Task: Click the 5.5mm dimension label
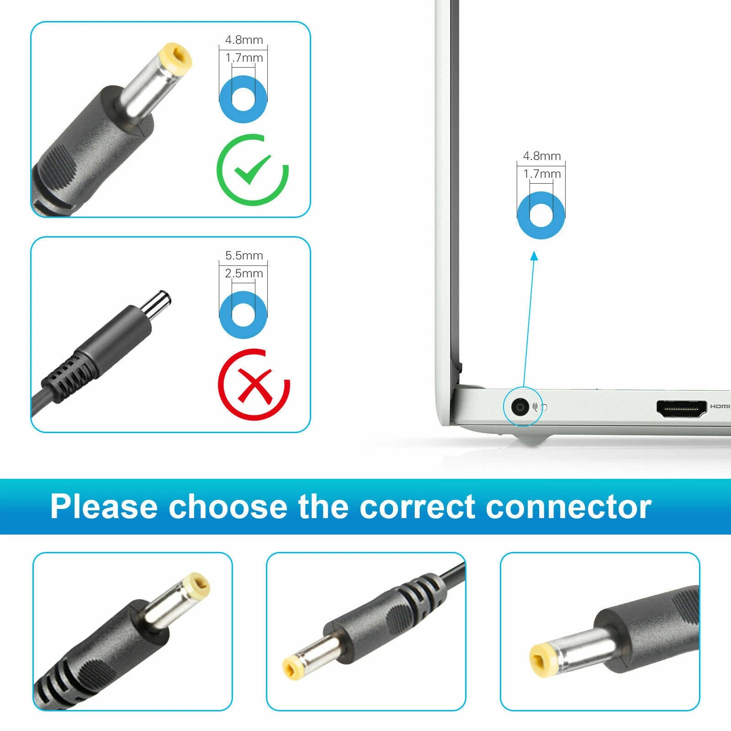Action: tap(244, 255)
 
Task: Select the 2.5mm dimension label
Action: tap(244, 273)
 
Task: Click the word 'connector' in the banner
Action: tap(569, 507)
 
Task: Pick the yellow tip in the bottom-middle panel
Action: tap(292, 668)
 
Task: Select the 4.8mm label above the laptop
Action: tap(542, 156)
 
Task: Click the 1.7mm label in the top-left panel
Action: tap(244, 58)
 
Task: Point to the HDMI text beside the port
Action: tap(720, 406)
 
